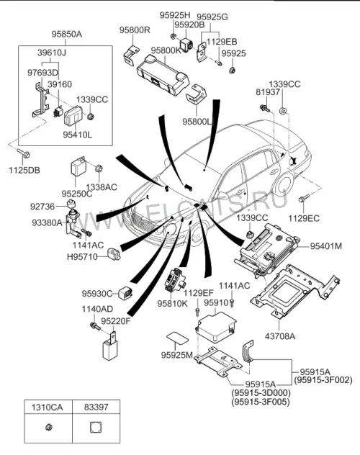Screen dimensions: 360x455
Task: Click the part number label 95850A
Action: point(67,35)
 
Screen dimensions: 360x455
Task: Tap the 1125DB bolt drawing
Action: point(24,153)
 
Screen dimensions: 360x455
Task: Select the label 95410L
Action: point(78,135)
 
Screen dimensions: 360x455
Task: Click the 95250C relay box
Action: point(78,166)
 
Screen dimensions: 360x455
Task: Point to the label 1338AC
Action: point(102,187)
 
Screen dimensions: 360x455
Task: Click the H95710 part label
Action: point(82,257)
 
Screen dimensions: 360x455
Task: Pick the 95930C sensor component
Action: point(125,292)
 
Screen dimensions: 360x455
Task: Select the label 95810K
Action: point(173,304)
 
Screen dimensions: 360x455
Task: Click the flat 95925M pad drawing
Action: point(177,338)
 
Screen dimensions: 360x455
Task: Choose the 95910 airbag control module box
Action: point(215,328)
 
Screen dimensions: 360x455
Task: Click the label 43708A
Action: point(280,336)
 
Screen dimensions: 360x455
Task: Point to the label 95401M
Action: point(326,246)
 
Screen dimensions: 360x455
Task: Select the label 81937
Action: point(268,92)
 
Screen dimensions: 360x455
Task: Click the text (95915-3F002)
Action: point(323,380)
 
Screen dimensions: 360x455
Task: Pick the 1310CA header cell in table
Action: point(47,407)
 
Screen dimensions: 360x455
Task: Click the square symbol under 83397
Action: point(96,427)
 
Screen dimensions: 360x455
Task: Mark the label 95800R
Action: point(135,30)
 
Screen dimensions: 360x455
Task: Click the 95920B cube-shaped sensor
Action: point(186,44)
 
